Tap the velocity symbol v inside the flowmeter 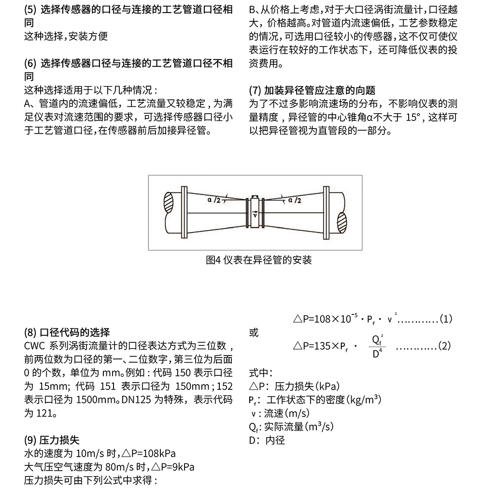[254, 216]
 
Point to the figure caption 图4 [213, 260]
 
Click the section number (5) [30, 10]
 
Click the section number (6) [30, 63]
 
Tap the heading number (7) [255, 90]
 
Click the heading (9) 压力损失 [52, 440]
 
